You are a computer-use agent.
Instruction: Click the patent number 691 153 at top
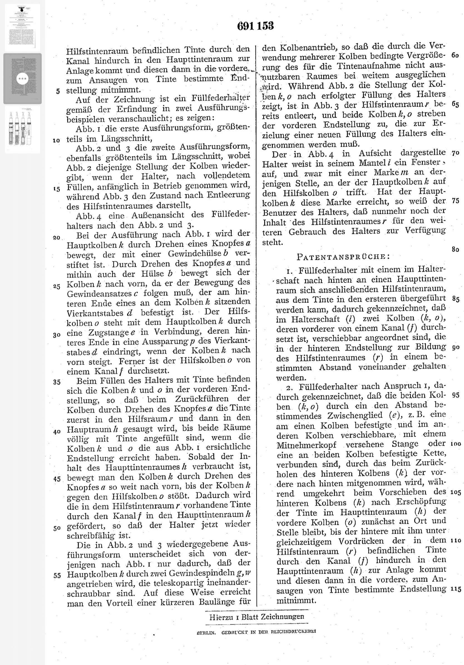pyautogui.click(x=255, y=26)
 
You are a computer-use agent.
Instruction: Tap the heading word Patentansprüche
pyautogui.click(x=343, y=257)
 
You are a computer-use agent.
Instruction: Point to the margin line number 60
pyautogui.click(x=455, y=55)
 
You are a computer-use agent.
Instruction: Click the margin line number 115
pyautogui.click(x=456, y=581)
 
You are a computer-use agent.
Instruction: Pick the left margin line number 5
pyautogui.click(x=58, y=91)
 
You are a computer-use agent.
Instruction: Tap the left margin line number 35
pyautogui.click(x=57, y=382)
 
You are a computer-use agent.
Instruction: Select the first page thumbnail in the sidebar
pyautogui.click(x=23, y=28)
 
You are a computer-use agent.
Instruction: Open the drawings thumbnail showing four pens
pyautogui.click(x=23, y=129)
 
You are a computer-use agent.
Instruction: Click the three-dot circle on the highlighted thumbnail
pyautogui.click(x=23, y=79)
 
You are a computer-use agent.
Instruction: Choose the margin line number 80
pyautogui.click(x=455, y=250)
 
